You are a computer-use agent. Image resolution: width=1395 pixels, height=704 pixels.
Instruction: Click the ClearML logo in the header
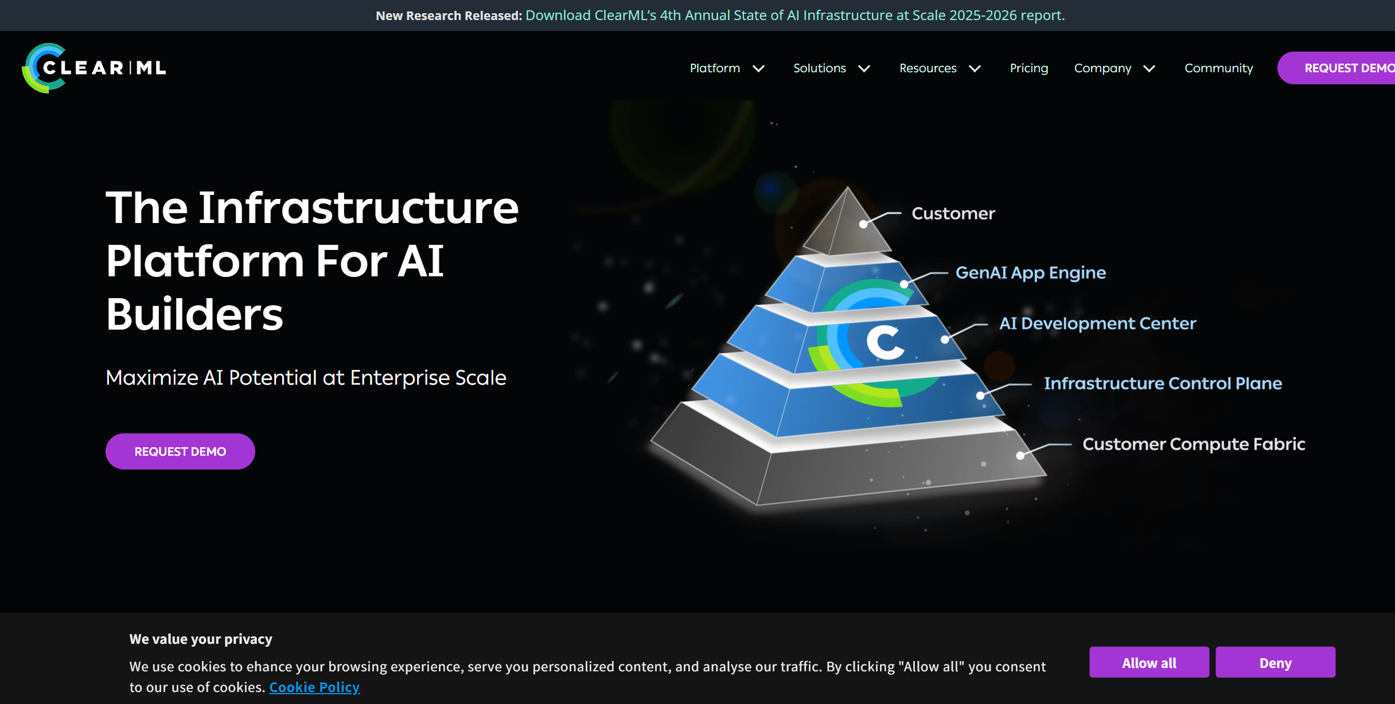click(x=94, y=68)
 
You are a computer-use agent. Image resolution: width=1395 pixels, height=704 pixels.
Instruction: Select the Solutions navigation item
click(x=819, y=68)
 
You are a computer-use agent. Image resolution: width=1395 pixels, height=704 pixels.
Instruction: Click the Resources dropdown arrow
click(x=975, y=69)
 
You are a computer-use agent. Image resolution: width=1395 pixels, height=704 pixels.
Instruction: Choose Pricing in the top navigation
click(x=1028, y=68)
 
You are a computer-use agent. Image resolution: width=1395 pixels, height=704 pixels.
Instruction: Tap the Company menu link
click(x=1102, y=68)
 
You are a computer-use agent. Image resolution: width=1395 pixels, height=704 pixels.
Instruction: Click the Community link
click(x=1218, y=68)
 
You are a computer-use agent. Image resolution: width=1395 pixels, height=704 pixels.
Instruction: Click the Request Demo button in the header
click(x=1336, y=68)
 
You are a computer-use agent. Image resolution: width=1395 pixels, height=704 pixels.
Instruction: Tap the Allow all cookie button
click(x=1149, y=663)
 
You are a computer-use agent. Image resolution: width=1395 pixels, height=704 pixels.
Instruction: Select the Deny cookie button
click(x=1275, y=663)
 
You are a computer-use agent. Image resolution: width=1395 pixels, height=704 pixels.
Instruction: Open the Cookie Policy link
click(x=314, y=687)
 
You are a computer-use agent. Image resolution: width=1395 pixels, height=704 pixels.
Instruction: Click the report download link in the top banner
click(x=795, y=15)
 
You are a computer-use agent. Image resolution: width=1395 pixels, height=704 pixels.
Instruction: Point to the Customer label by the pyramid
click(x=953, y=213)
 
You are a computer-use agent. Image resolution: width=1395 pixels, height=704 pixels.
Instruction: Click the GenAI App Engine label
click(x=1031, y=273)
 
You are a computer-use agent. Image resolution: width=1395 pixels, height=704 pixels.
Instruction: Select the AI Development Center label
click(x=1098, y=323)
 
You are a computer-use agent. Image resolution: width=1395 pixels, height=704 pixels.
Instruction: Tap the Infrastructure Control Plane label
click(x=1163, y=383)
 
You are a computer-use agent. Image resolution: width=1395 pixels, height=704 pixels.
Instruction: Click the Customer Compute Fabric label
click(x=1194, y=444)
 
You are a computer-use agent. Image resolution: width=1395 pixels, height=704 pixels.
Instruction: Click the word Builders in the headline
click(x=194, y=314)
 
